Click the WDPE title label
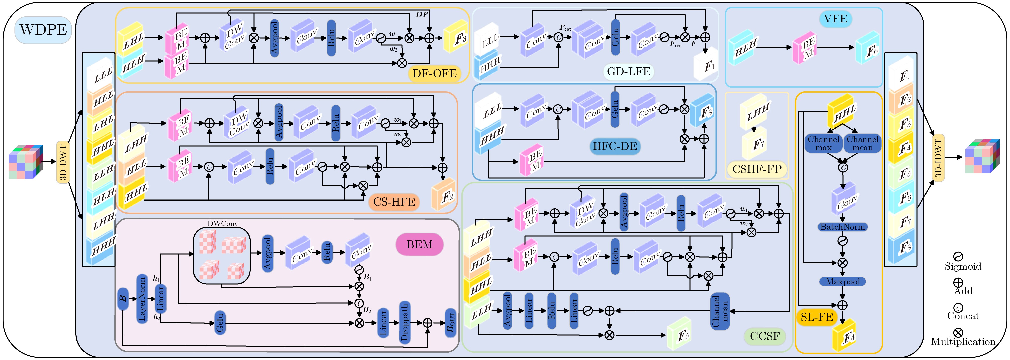[43, 30]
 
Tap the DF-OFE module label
[434, 73]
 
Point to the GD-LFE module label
[628, 71]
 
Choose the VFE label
[835, 19]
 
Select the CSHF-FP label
[757, 169]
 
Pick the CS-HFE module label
[394, 202]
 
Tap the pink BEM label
[419, 244]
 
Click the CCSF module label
[765, 336]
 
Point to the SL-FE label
[817, 317]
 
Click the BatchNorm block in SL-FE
[843, 227]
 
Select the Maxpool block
[843, 282]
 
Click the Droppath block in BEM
[405, 322]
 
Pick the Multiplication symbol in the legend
[958, 333]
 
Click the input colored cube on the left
[24, 162]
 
